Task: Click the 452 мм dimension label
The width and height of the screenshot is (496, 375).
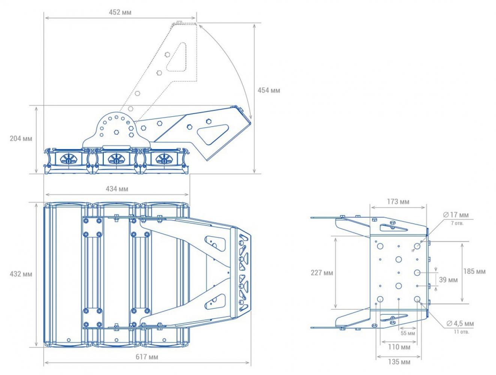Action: pos(120,12)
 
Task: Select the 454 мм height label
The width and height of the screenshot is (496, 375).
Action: pos(269,90)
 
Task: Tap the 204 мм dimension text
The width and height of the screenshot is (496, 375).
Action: pos(21,138)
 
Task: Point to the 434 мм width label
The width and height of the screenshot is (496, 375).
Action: pos(117,189)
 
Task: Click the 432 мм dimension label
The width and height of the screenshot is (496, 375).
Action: pos(21,274)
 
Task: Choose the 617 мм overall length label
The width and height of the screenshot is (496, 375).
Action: pos(147,357)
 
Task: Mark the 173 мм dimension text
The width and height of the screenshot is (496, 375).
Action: pos(398,201)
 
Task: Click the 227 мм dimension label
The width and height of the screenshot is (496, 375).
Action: pos(322,273)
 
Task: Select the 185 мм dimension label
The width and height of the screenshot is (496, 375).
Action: pos(474,271)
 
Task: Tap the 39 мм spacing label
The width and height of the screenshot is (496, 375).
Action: pos(448,280)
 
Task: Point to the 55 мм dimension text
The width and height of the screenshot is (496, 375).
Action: pos(408,333)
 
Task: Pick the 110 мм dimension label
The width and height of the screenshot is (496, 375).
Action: pos(399,347)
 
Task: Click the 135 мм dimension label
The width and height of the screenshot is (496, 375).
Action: pos(399,362)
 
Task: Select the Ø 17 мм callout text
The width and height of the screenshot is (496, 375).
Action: pos(456,214)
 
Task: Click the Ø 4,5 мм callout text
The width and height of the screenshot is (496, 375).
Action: pos(460,324)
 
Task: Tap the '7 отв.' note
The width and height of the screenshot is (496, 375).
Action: pos(457,223)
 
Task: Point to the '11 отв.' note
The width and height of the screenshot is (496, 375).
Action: pos(462,332)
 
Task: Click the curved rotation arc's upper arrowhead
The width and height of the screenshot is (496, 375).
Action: pos(200,26)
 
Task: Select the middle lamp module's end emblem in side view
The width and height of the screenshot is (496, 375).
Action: pos(116,159)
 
